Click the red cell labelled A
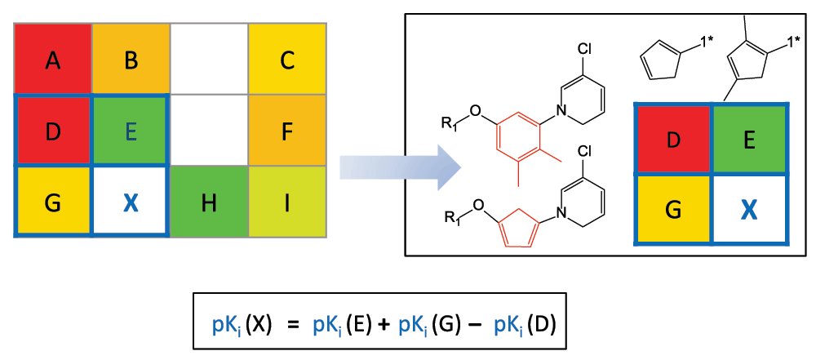53,60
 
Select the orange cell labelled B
131,60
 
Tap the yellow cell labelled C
287,60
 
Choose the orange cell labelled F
287,130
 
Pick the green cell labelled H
209,202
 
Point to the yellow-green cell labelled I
287,202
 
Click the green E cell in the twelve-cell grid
131,130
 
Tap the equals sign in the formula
293,323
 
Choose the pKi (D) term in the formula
526,323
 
